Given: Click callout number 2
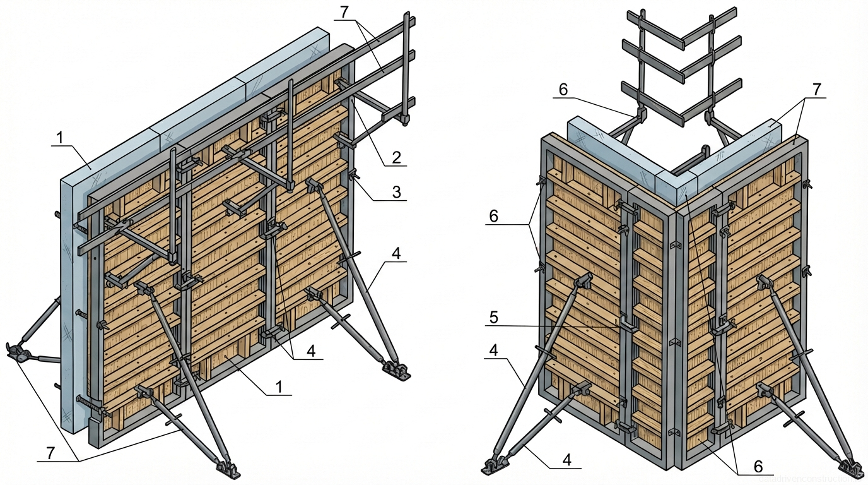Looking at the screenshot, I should click(396, 157).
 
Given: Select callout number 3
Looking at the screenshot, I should click(396, 192).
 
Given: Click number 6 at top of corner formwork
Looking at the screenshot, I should click(563, 90).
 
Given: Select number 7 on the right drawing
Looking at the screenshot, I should click(817, 89).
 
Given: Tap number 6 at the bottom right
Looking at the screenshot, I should click(758, 466).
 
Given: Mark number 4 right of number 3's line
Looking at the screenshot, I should click(396, 254).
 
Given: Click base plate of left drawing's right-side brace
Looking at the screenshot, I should click(395, 369).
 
